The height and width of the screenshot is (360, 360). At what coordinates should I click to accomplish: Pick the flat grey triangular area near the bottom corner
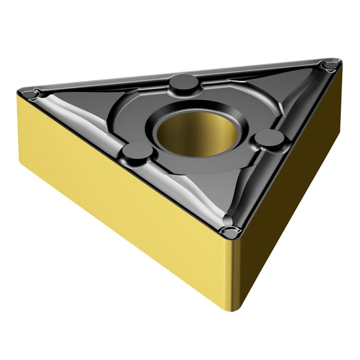[219, 190]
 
